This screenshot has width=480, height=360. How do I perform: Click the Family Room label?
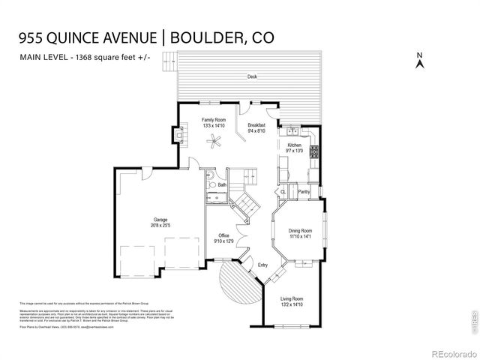pos(214,120)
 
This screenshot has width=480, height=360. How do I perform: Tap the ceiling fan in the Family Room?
pos(215,142)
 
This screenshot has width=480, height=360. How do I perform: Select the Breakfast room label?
pos(256,125)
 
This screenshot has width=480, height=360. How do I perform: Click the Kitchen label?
pos(295,145)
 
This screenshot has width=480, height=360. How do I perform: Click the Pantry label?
pos(304,192)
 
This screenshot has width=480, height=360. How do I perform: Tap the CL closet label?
pos(283,192)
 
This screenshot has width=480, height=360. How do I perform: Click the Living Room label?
pos(292,298)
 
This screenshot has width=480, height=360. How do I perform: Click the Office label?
pos(224,235)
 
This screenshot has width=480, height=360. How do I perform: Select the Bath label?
pos(222,184)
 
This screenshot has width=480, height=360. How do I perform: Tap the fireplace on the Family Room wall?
pos(182,136)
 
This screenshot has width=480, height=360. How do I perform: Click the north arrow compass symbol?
pos(420,61)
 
